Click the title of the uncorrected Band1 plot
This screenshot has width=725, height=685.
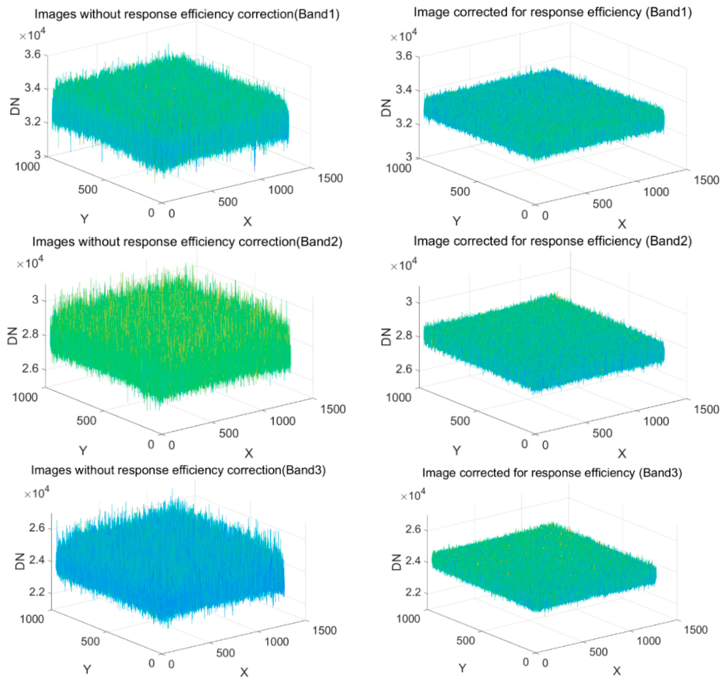click(x=187, y=14)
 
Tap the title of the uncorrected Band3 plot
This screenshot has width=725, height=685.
click(x=178, y=470)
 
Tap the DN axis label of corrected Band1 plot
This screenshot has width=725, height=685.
click(x=385, y=108)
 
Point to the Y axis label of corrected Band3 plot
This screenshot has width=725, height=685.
click(x=462, y=668)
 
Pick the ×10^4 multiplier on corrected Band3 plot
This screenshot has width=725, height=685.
click(x=413, y=496)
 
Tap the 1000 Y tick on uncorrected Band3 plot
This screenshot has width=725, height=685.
click(x=32, y=619)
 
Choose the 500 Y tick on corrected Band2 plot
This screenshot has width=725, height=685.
click(x=460, y=421)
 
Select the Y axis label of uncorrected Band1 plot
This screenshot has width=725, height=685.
click(x=84, y=219)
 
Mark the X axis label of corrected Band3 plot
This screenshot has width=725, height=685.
click(x=617, y=671)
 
